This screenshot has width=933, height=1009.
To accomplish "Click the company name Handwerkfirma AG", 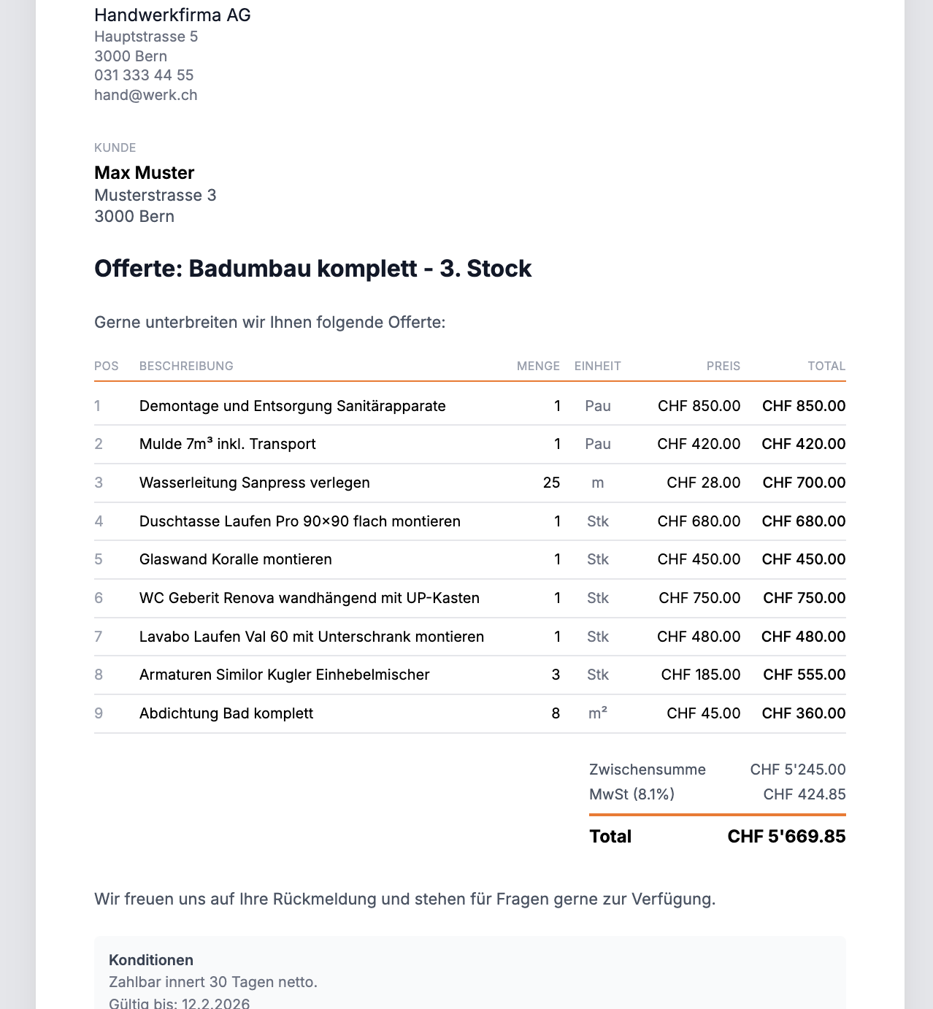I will pos(172,15).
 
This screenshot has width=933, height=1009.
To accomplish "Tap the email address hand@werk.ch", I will pos(145,95).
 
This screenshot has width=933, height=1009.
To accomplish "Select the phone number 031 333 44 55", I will pos(144,75).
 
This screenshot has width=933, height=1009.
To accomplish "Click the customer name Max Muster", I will pos(144,173).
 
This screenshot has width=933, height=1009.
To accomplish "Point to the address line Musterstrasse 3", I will pos(155,196).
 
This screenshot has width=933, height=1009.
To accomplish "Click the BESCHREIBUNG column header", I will pos(186,366).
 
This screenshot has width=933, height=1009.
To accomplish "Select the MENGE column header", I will pos(538,366).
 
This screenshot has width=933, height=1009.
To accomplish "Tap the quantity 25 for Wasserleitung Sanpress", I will pos(551,483).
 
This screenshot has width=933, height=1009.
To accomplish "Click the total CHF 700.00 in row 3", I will pos(804,483).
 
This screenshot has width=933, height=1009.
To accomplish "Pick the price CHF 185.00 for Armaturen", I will pos(700,675).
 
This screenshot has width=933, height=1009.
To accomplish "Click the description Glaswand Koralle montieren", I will pos(235,559).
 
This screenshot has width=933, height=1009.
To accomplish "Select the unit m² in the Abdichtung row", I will pos(598,713).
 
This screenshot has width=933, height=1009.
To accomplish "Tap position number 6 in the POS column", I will pos(99,598).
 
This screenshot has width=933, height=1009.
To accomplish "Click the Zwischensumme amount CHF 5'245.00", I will pos(797,770).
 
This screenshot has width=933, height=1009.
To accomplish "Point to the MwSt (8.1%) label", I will pos(631,794).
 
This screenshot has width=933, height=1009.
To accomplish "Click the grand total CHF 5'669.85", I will pos(786,837).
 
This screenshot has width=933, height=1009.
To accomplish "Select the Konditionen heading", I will pos(151,960).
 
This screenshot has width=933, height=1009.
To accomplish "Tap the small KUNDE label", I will pos(115,147).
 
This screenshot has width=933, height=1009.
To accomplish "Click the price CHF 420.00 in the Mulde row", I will pos(699,444).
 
